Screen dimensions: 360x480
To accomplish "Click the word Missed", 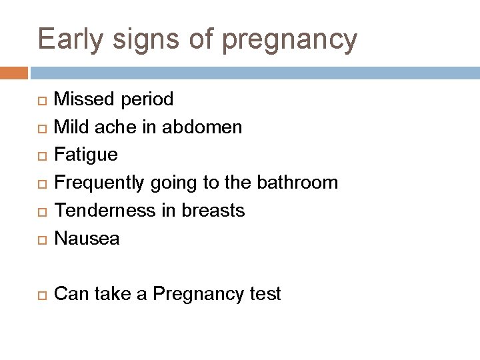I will click(x=84, y=99).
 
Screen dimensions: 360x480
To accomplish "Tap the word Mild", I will click(x=70, y=127).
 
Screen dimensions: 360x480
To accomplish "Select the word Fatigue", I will click(x=85, y=155).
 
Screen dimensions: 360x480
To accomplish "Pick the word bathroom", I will click(x=299, y=183).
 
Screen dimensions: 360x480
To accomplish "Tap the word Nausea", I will click(x=87, y=239).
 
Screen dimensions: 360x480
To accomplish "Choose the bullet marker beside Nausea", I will click(x=43, y=239).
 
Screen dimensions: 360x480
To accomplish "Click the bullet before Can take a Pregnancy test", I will click(x=43, y=295).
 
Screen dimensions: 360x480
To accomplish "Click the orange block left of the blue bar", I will click(x=14, y=73).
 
